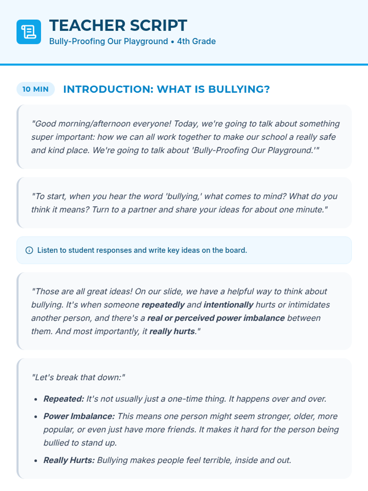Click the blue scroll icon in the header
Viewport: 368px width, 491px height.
tap(29, 32)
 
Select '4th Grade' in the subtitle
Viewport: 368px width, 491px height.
tap(196, 41)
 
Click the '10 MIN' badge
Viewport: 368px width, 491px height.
tap(36, 89)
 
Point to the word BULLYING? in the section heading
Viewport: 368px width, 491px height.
tap(239, 89)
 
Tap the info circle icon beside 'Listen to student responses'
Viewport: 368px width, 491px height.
tap(29, 250)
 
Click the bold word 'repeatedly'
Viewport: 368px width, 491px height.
tap(163, 305)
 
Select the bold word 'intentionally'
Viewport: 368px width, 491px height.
tap(228, 305)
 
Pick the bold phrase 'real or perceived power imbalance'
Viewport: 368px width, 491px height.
tap(216, 318)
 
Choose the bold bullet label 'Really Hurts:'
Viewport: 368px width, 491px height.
tap(69, 460)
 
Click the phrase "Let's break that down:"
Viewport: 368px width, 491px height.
tap(79, 377)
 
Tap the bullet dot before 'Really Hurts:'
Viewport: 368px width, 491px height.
tap(36, 461)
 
